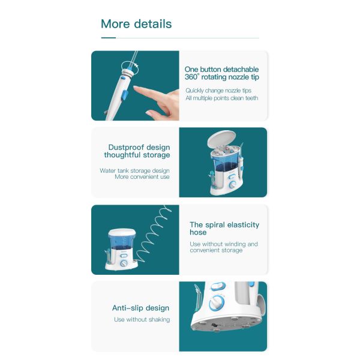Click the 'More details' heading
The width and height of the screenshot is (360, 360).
pyautogui.click(x=136, y=24)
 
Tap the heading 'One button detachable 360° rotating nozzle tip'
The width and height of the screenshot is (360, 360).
pyautogui.click(x=222, y=73)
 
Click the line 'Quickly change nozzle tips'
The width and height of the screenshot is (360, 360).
pyautogui.click(x=218, y=91)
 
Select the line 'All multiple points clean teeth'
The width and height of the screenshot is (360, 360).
pyautogui.click(x=222, y=98)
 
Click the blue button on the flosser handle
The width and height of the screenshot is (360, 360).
pyautogui.click(x=124, y=95)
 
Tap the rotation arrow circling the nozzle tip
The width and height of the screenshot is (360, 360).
pyautogui.click(x=130, y=68)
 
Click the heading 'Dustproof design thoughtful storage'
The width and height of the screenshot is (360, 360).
pyautogui.click(x=137, y=151)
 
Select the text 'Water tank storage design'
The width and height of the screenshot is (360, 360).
pyautogui.click(x=134, y=170)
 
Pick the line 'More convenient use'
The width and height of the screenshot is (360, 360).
pyautogui.click(x=142, y=177)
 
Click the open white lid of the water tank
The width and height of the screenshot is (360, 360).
pyautogui.click(x=221, y=138)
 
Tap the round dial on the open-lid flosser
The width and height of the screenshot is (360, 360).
pyautogui.click(x=233, y=184)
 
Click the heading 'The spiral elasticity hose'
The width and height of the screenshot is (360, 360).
pyautogui.click(x=224, y=229)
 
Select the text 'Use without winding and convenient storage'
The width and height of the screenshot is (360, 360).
pyautogui.click(x=224, y=247)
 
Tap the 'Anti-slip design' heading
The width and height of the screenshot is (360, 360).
pyautogui.click(x=141, y=308)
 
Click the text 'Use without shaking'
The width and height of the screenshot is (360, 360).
pyautogui.click(x=142, y=319)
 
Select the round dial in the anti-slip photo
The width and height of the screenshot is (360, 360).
pyautogui.click(x=217, y=303)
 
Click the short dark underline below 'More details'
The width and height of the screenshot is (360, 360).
pyautogui.click(x=109, y=38)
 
